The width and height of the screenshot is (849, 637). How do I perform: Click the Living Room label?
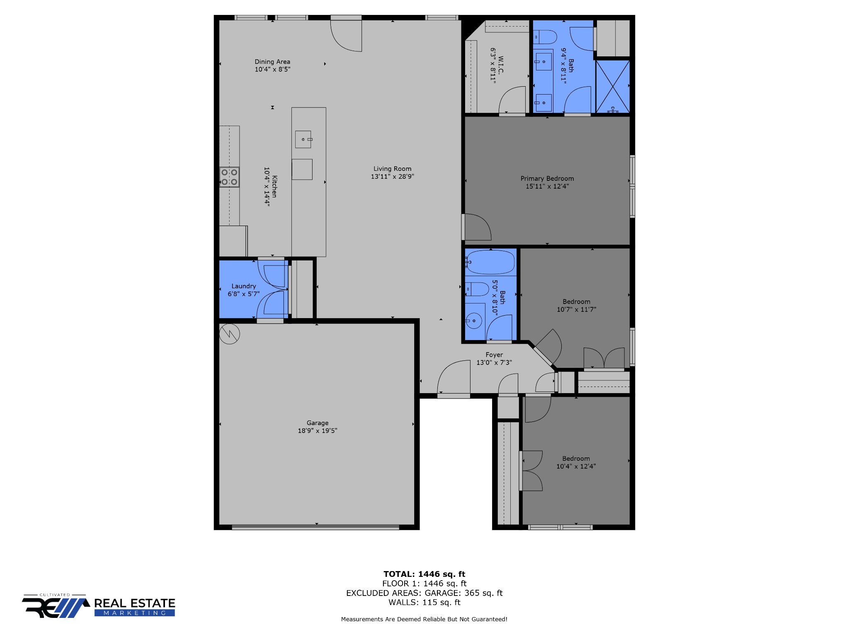pos(392,169)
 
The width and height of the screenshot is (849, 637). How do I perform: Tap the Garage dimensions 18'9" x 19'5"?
pos(318,430)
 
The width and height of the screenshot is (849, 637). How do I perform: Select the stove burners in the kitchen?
pos(229,177)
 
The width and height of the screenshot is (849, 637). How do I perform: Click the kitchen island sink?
pos(303,139)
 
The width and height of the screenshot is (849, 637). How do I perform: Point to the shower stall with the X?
pos(613,86)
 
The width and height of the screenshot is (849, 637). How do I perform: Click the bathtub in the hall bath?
pos(490,262)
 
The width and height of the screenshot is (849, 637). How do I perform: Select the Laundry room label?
pos(244,286)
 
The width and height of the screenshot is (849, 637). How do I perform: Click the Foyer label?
pos(494,355)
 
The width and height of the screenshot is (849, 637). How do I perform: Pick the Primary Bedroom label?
pos(547,179)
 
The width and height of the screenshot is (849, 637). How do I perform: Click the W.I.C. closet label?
pos(501,65)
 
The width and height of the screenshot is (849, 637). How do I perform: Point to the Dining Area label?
pos(272,62)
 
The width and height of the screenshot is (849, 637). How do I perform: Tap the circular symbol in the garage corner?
pos(229,334)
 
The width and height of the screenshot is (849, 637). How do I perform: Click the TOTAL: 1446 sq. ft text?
pos(424,574)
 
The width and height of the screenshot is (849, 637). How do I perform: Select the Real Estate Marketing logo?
pos(99,606)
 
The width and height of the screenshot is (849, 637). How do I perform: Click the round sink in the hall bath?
pos(473,321)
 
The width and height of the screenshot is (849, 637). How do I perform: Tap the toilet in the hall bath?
pos(477,289)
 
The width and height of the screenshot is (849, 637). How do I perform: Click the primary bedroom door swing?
pos(478,227)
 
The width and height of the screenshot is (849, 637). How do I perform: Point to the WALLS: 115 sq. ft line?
pos(424,602)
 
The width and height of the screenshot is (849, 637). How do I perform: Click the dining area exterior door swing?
pos(346,36)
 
